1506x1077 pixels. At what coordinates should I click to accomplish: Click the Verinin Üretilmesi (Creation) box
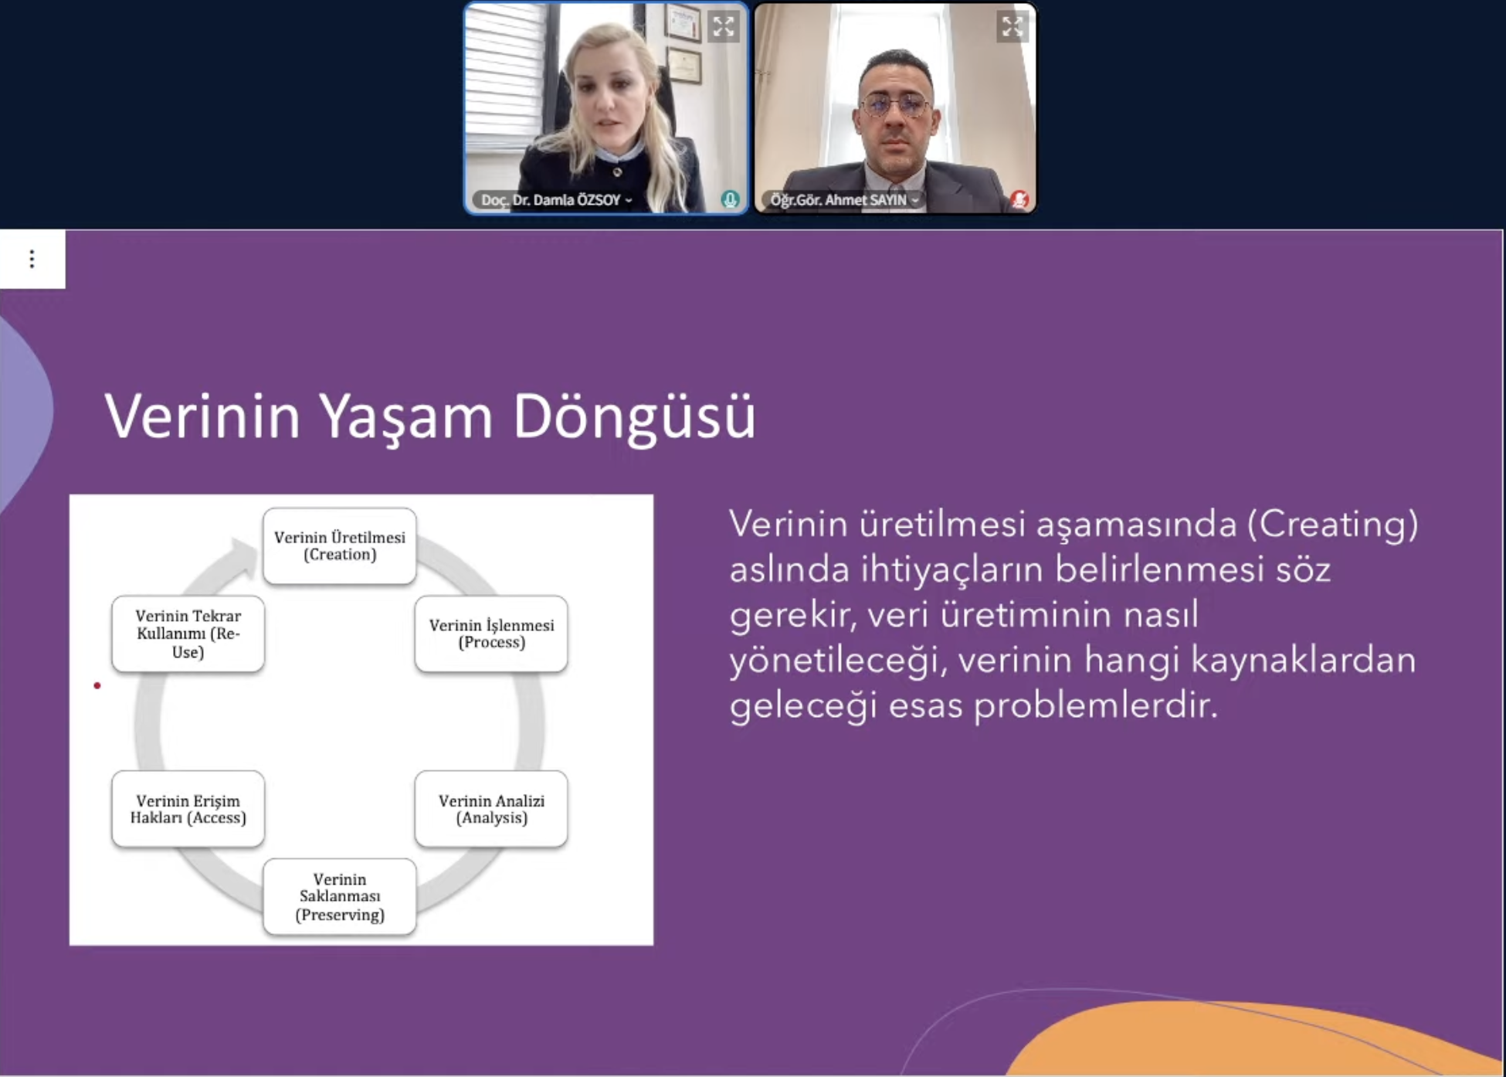pyautogui.click(x=340, y=545)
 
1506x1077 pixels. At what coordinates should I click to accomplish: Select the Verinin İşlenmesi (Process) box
pyautogui.click(x=491, y=634)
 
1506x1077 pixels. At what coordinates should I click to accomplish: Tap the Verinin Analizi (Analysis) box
pyautogui.click(x=491, y=809)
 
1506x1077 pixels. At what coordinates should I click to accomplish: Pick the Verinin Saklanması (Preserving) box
pyautogui.click(x=340, y=897)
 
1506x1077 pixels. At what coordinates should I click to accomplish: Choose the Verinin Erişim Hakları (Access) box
pyautogui.click(x=188, y=809)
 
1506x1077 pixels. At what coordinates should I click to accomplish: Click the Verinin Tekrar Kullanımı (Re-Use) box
pyautogui.click(x=188, y=634)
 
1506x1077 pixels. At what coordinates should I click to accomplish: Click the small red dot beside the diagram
pyautogui.click(x=97, y=685)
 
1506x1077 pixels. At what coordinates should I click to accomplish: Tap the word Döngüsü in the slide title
pyautogui.click(x=634, y=418)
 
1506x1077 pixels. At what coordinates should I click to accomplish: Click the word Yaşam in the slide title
pyautogui.click(x=406, y=418)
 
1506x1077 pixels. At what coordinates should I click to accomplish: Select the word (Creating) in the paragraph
pyautogui.click(x=1333, y=525)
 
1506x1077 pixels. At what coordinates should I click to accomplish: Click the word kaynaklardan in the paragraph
pyautogui.click(x=1303, y=660)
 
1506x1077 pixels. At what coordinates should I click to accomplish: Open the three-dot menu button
pyautogui.click(x=32, y=259)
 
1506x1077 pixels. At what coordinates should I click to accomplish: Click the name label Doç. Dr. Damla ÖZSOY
pyautogui.click(x=551, y=200)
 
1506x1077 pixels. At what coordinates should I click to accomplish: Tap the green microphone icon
pyautogui.click(x=730, y=199)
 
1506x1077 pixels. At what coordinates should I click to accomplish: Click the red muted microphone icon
pyautogui.click(x=1019, y=199)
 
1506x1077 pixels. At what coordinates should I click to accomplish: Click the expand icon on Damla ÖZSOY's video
pyautogui.click(x=724, y=27)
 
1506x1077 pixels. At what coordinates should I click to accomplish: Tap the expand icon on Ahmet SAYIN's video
pyautogui.click(x=1012, y=27)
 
